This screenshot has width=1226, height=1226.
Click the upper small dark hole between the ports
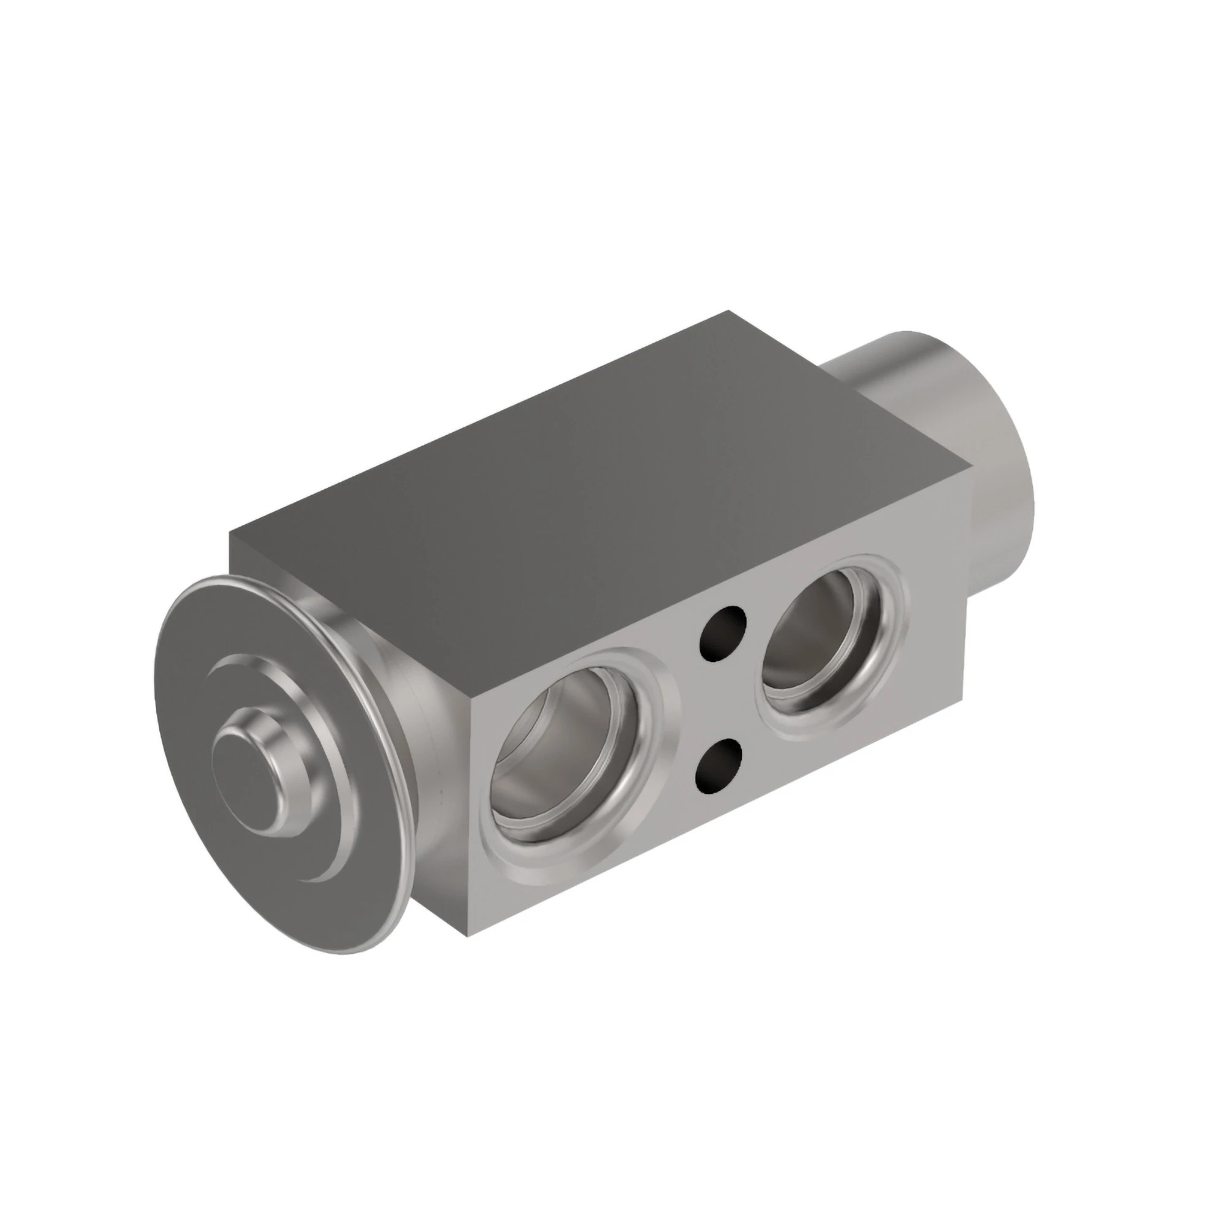(x=722, y=632)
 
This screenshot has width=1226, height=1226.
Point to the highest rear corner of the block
(x=729, y=312)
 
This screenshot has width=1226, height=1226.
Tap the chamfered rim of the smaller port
(x=901, y=609)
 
